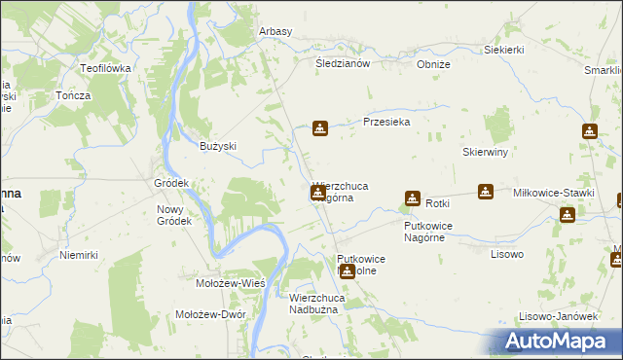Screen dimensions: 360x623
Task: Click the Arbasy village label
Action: tap(275, 31)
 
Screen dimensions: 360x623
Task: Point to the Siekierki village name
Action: tap(504, 50)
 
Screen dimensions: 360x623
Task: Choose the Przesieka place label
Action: tap(386, 123)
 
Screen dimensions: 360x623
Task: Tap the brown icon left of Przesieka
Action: tap(319, 127)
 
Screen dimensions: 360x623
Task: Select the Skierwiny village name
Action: tap(486, 153)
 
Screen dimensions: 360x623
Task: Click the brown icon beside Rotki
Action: tap(412, 198)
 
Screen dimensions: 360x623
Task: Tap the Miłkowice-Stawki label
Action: tap(553, 193)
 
